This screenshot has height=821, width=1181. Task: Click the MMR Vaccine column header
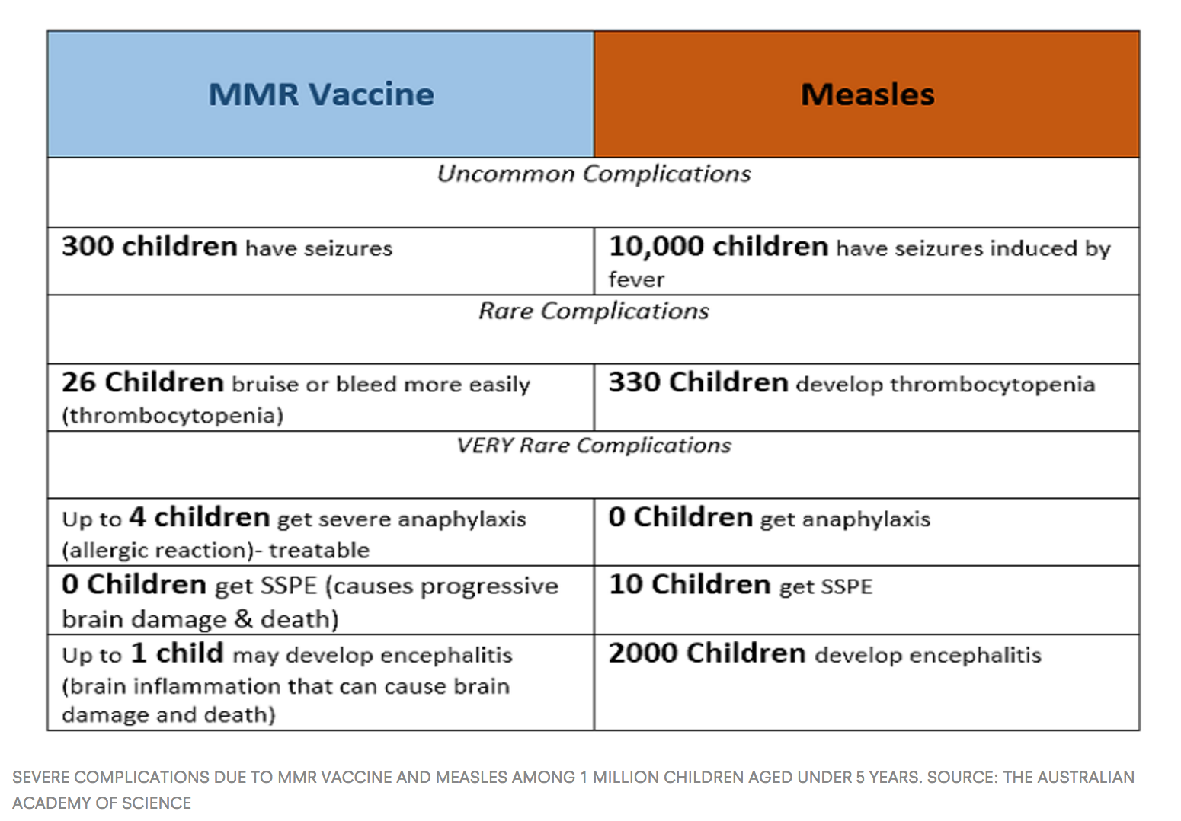pyautogui.click(x=321, y=94)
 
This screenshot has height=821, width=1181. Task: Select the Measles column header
pyautogui.click(x=867, y=94)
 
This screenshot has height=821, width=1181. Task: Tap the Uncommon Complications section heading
pyautogui.click(x=594, y=174)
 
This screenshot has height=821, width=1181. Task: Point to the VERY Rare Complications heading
pyautogui.click(x=594, y=446)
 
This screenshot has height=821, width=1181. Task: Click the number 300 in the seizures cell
pyautogui.click(x=88, y=247)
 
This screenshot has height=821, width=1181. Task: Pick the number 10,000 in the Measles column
pyautogui.click(x=656, y=247)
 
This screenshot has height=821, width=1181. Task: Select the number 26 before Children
pyautogui.click(x=78, y=382)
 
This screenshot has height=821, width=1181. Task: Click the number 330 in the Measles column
pyautogui.click(x=634, y=382)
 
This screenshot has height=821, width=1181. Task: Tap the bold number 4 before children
pyautogui.click(x=137, y=517)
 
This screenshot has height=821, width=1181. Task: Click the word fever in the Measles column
pyautogui.click(x=636, y=280)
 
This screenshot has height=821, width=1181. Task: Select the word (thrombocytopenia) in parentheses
pyautogui.click(x=173, y=416)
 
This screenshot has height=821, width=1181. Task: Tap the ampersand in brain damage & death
pyautogui.click(x=243, y=618)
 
